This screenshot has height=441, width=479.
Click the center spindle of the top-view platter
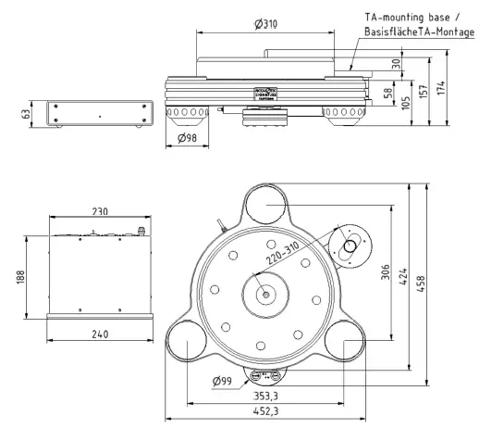pyautogui.click(x=266, y=296)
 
